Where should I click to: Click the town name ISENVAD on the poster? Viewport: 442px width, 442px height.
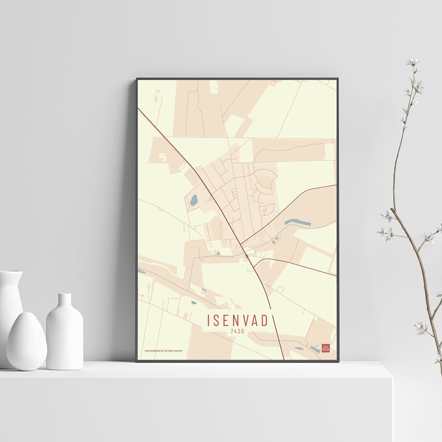pyautogui.click(x=237, y=320)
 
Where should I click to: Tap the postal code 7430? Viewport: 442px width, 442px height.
pyautogui.click(x=237, y=331)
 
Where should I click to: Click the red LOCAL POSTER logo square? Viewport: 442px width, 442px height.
pyautogui.click(x=326, y=348)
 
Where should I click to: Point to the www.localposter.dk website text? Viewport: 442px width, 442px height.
pyautogui.click(x=163, y=351)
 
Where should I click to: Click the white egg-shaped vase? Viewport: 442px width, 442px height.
pyautogui.click(x=27, y=341)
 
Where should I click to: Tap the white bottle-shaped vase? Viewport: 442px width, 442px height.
pyautogui.click(x=65, y=334)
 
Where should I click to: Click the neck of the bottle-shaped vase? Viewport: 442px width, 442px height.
pyautogui.click(x=65, y=301)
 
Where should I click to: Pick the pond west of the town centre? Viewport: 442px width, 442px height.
pyautogui.click(x=194, y=201)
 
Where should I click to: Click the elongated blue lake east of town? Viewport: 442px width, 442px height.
pyautogui.click(x=297, y=222)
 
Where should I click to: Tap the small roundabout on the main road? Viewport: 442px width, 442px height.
pyautogui.click(x=246, y=255)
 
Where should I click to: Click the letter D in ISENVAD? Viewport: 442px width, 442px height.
pyautogui.click(x=264, y=320)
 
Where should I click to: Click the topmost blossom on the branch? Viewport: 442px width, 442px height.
pyautogui.click(x=414, y=62)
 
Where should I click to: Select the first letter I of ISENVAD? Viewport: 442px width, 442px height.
pyautogui.click(x=209, y=320)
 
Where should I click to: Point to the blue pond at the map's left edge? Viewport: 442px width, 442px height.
pyautogui.click(x=141, y=271)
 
